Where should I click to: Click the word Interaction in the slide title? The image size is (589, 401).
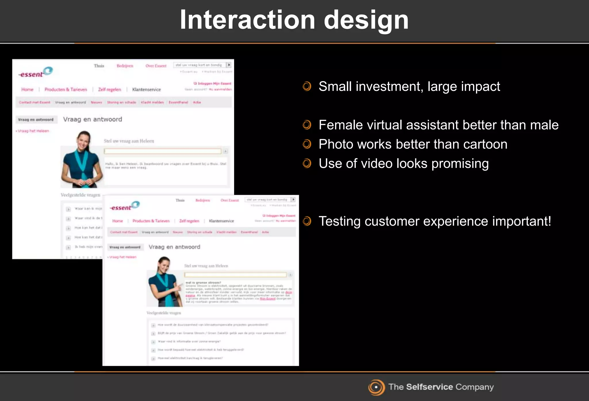247,20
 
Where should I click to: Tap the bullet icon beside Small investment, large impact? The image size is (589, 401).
307,86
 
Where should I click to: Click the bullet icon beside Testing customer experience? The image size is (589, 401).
307,221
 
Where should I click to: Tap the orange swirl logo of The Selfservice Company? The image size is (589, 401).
376,387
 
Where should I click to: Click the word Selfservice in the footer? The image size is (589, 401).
429,387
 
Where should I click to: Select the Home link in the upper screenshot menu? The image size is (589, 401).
27,90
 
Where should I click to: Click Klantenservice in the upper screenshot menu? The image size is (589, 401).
146,90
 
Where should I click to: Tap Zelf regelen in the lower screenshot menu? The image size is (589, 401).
189,221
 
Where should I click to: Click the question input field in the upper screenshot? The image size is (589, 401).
162,151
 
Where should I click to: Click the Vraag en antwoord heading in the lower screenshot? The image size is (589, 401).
174,247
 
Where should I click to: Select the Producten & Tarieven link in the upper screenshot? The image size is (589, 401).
66,90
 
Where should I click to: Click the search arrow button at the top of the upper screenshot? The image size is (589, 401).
229,65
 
